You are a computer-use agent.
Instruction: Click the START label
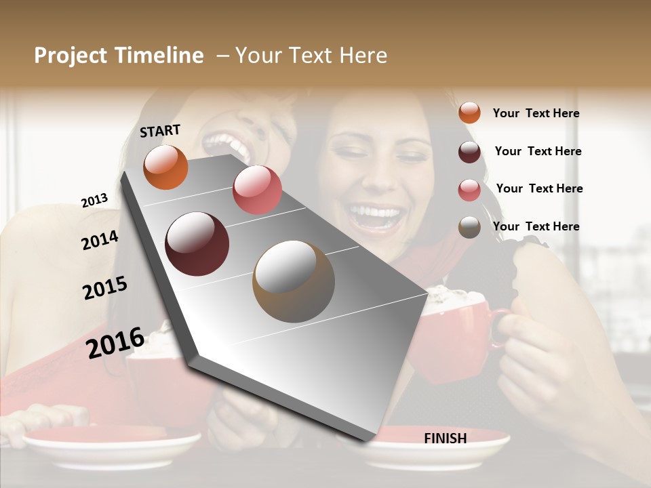160,131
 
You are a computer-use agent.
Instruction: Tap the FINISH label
445,439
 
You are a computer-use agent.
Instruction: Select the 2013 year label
94,201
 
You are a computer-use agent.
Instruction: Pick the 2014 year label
100,241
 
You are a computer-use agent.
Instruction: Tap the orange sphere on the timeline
165,167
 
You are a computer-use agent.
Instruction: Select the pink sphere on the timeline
257,190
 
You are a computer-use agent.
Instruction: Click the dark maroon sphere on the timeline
197,244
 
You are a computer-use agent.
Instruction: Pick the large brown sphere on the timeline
294,281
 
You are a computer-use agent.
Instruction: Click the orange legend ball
469,113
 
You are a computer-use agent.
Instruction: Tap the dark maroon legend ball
469,152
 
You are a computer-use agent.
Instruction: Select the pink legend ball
469,190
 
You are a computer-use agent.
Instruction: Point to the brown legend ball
469,227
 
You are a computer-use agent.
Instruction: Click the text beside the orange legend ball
536,113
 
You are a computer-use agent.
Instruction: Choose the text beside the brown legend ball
536,226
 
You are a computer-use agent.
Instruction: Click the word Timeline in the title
159,56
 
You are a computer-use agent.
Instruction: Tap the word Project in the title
71,56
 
